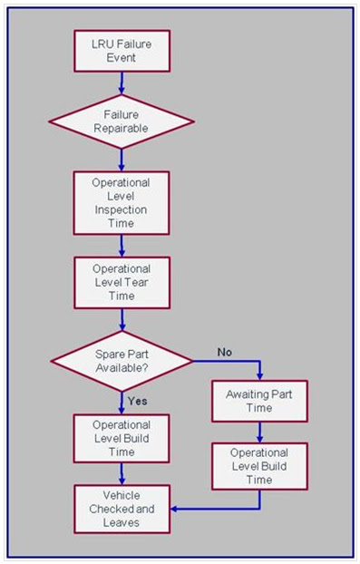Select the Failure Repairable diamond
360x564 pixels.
click(x=121, y=122)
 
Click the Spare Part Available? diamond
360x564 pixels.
click(x=121, y=360)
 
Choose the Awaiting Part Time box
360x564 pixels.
click(x=259, y=399)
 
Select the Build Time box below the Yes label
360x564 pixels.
click(x=121, y=438)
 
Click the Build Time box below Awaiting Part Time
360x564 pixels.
click(x=259, y=465)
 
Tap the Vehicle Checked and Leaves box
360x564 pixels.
click(x=121, y=508)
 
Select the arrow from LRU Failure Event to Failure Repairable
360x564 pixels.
click(x=121, y=83)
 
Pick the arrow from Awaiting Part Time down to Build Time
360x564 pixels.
click(x=259, y=432)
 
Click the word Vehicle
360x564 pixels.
click(x=121, y=495)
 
